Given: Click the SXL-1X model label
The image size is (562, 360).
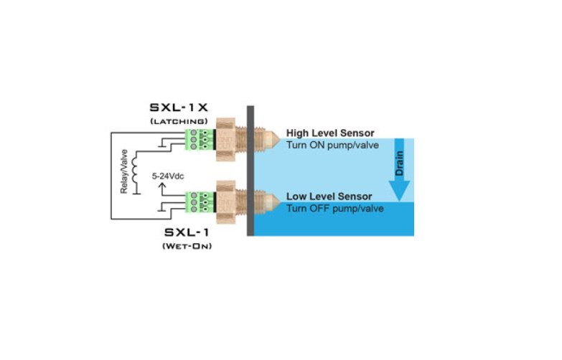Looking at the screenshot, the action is click(179, 108).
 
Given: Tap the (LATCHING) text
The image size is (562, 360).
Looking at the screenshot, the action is click(179, 121).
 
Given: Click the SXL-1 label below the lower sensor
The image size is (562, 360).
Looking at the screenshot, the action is click(187, 232).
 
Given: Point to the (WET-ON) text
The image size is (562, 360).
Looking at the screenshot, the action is click(187, 246).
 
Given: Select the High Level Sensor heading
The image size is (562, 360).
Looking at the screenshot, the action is click(330, 133).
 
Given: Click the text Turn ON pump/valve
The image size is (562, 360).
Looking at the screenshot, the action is click(332, 145).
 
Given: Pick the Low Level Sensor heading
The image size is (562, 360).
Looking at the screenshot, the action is click(329, 196).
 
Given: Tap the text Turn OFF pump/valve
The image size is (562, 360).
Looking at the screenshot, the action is click(334, 209).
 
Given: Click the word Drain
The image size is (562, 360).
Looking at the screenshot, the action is click(399, 164).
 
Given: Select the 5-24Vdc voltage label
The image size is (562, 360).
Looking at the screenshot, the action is click(168, 176).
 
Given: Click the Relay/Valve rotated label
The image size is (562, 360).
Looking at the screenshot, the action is click(124, 171).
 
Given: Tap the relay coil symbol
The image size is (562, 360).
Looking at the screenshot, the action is click(134, 170).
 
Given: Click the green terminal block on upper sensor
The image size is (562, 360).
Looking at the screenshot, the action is click(200, 140).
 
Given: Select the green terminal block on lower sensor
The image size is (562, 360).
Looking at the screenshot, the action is click(200, 202).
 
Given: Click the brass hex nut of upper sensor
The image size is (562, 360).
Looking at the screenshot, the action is click(225, 140).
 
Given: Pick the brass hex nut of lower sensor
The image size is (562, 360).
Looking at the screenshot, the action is click(225, 202).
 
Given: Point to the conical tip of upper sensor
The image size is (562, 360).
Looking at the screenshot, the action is click(274, 140).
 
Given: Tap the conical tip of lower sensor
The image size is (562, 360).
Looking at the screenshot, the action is click(274, 202).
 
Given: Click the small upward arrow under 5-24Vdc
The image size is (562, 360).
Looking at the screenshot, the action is click(162, 189).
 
